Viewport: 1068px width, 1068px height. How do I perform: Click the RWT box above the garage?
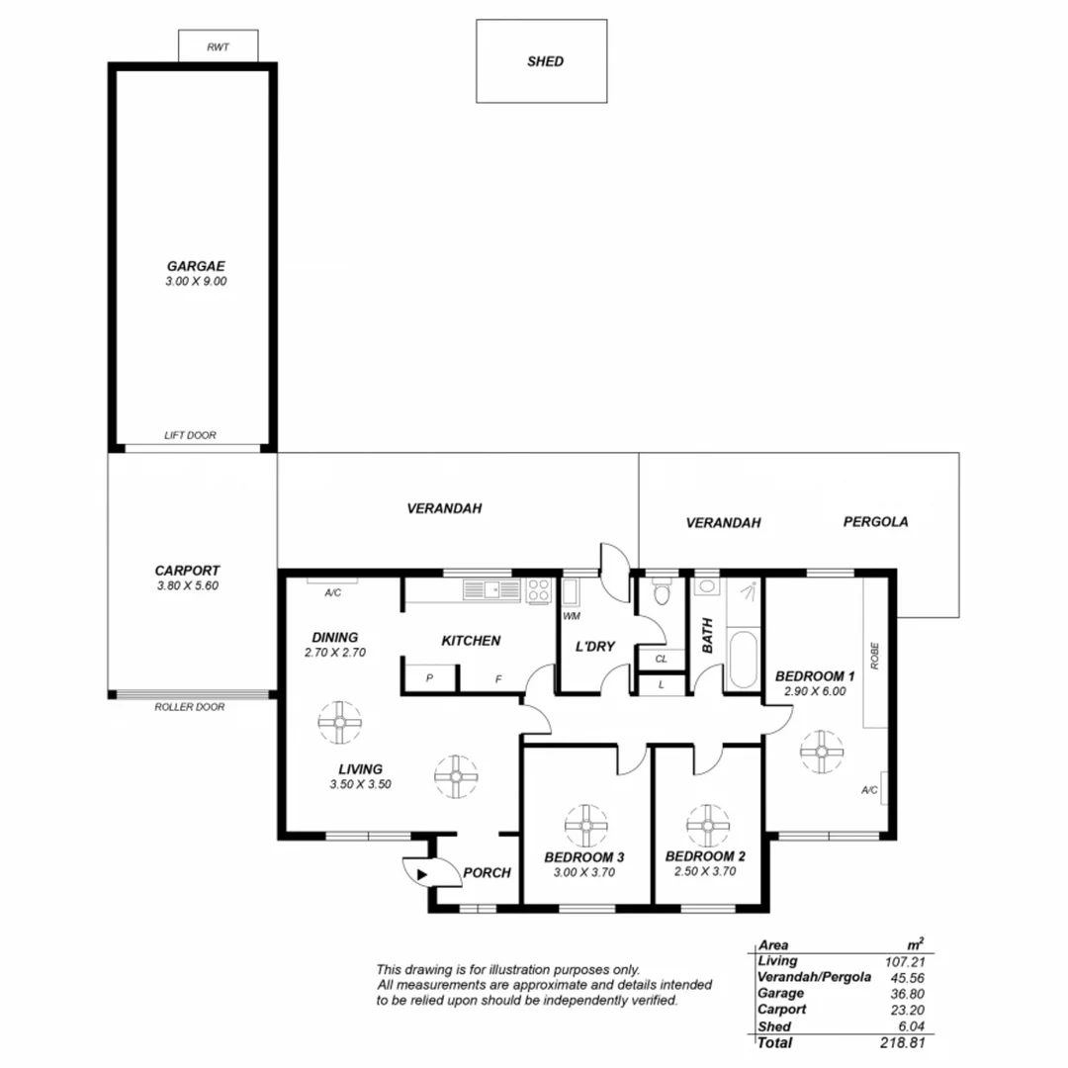point(218,45)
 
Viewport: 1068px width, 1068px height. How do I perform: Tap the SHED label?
point(545,61)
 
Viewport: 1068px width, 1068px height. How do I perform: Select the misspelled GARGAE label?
point(195,266)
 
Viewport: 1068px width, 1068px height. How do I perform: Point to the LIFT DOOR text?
point(190,435)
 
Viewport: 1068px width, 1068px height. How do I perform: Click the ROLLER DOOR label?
point(189,707)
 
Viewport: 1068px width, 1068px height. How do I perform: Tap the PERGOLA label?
point(875,521)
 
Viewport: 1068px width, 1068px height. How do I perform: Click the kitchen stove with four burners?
point(538,591)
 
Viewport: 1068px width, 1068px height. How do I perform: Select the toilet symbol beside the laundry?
point(662,593)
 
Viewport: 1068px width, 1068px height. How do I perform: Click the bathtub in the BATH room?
point(741,662)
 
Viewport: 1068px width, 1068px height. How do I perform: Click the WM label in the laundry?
point(571,617)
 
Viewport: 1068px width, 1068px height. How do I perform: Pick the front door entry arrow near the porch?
point(422,873)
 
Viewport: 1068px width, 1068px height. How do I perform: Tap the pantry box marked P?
point(429,678)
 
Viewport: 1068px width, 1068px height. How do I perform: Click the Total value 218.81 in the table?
point(903,1043)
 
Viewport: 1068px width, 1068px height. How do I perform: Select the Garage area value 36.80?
point(906,994)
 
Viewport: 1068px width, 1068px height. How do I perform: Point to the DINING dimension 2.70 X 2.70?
point(335,653)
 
